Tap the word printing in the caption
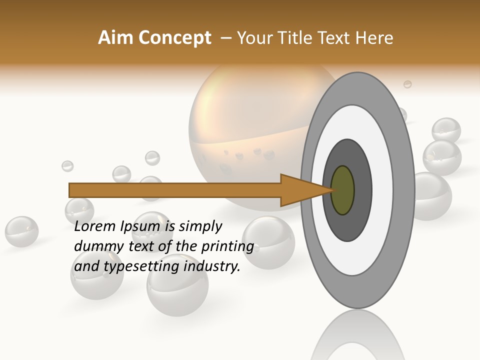227,246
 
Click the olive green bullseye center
342,190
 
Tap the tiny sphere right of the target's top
407,84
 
